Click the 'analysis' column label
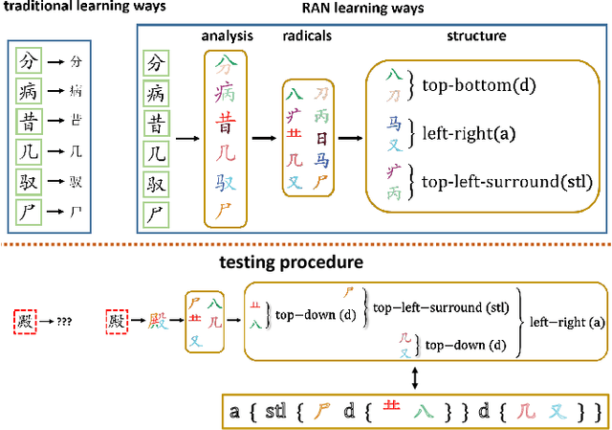(x=227, y=36)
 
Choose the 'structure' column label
(x=477, y=36)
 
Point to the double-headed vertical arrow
(x=414, y=378)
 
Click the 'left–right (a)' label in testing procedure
(x=567, y=322)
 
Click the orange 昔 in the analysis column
(x=226, y=123)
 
